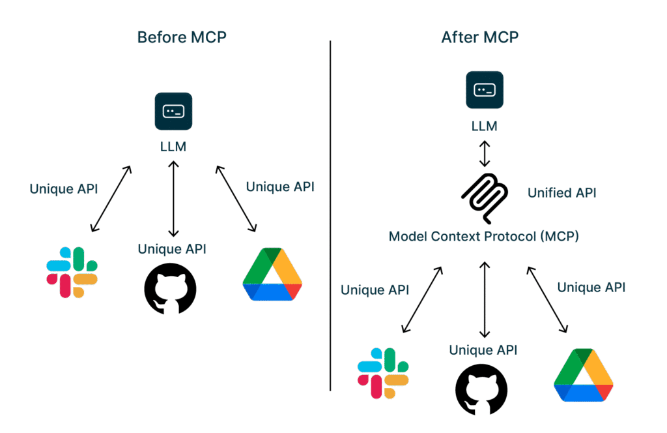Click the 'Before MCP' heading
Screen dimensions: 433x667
[x=182, y=37]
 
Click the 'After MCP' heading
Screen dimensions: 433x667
[x=480, y=37]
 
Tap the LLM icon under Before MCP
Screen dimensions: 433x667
[x=173, y=111]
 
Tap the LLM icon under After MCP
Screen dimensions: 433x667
[x=484, y=89]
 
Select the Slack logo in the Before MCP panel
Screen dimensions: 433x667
[x=72, y=272]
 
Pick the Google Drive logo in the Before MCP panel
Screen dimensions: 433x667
[x=272, y=275]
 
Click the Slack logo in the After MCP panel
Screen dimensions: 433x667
[x=383, y=373]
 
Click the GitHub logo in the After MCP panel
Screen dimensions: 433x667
[x=481, y=389]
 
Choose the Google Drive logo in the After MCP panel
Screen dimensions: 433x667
[x=583, y=375]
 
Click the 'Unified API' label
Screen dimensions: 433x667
[x=561, y=192]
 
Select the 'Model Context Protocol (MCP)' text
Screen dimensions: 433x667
[x=483, y=236]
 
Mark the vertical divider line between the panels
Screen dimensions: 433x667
[x=330, y=215]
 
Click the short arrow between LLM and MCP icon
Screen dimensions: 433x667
[x=484, y=153]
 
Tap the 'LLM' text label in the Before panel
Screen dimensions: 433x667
[x=173, y=146]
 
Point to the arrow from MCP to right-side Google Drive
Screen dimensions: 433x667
[x=549, y=299]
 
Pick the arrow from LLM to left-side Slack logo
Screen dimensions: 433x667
[x=111, y=198]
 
